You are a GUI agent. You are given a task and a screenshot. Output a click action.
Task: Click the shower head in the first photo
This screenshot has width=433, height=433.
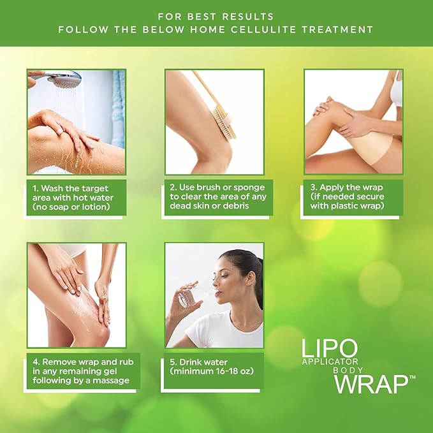pyautogui.click(x=65, y=79)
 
